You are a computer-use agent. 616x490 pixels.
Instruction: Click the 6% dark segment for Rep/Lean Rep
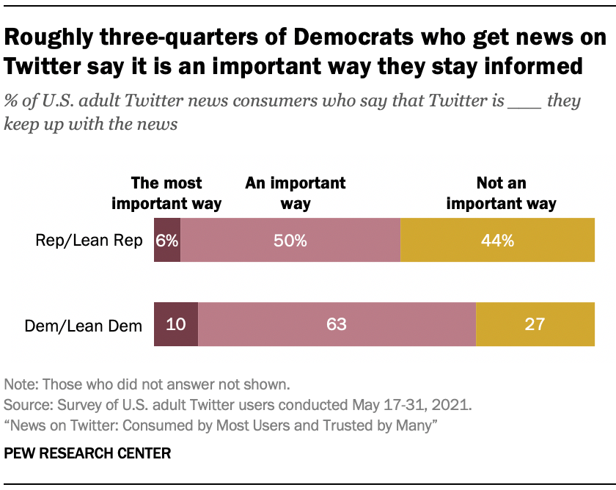click(166, 240)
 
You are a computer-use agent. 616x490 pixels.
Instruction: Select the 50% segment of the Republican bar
click(290, 240)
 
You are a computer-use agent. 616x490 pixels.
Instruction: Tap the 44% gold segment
click(497, 240)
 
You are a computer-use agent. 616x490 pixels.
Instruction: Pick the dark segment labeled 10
click(176, 324)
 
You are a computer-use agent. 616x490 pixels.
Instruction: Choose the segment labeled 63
click(337, 324)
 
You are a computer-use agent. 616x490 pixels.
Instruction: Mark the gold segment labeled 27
click(535, 324)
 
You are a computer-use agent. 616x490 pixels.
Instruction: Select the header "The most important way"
click(166, 193)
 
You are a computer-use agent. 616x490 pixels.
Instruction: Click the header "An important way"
click(296, 193)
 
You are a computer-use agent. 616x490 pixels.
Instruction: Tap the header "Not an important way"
click(502, 193)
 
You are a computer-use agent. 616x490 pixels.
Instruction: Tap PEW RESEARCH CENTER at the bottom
click(87, 453)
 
